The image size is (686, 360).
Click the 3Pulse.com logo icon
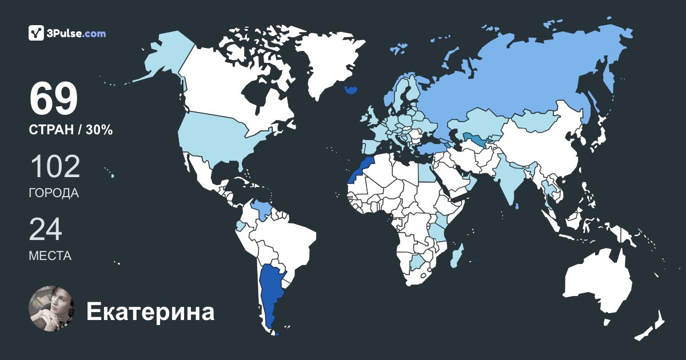point(37,33)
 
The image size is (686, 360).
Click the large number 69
point(53,99)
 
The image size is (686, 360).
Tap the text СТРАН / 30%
point(70,130)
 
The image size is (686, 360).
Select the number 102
point(55,167)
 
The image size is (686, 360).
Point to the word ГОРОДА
point(54,193)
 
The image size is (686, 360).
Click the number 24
point(45,230)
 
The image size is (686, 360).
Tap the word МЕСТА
point(50,256)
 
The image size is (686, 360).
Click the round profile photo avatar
point(52,309)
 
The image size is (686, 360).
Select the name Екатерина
point(150,312)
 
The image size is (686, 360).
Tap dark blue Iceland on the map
point(350,90)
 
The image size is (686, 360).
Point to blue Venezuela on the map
point(262,209)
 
